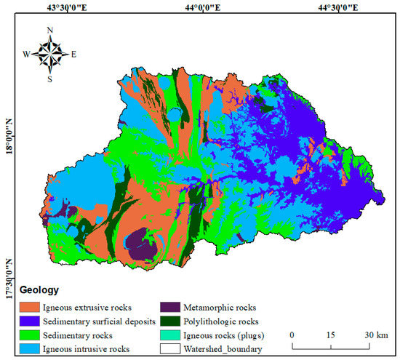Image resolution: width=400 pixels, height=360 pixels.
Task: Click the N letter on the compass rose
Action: (x=49, y=31)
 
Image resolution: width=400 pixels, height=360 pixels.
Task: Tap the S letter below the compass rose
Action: (x=49, y=79)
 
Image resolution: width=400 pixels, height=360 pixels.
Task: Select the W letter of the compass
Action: (x=26, y=55)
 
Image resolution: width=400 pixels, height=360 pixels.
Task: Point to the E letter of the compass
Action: (x=73, y=55)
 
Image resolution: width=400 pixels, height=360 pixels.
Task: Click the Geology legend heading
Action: (x=41, y=289)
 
